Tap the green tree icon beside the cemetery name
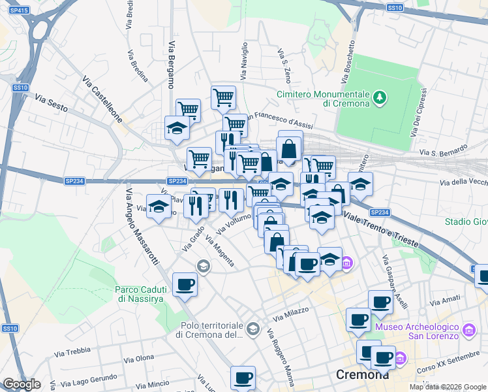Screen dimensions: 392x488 (379, 99)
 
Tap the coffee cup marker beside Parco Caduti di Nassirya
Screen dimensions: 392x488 (185, 285)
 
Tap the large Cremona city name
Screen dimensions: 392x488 (362, 376)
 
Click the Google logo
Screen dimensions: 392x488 (21, 384)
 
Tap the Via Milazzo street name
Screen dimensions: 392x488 (291, 315)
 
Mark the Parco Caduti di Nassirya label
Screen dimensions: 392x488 (147, 293)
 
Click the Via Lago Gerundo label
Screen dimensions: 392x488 (103, 377)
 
